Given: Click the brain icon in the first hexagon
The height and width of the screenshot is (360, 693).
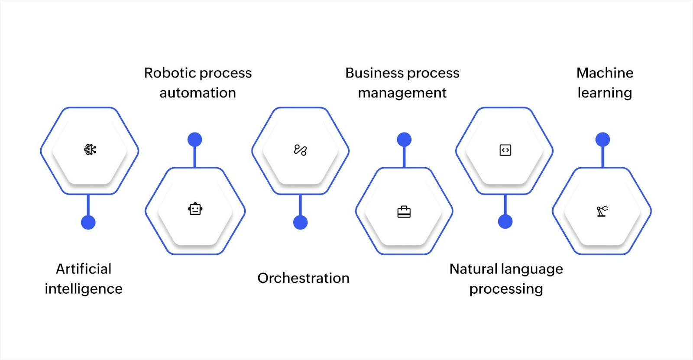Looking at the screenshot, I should (90, 150).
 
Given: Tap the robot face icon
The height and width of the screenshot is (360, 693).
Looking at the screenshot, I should (195, 209).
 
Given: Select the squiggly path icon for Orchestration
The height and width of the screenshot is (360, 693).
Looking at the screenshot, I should (300, 150).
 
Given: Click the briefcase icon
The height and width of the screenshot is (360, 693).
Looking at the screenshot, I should (404, 212).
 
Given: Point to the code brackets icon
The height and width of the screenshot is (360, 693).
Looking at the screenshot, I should (505, 150).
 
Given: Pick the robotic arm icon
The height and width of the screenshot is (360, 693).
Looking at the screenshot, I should (602, 211).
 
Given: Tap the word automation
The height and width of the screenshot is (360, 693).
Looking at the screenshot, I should (198, 93).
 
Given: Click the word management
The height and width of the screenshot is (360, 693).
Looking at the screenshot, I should (402, 93).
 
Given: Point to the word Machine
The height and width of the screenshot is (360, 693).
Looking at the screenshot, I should (605, 73).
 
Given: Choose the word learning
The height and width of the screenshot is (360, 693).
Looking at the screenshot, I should (605, 93).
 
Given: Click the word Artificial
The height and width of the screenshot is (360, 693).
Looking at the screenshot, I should (84, 269).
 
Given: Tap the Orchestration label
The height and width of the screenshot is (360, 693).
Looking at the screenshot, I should (303, 278).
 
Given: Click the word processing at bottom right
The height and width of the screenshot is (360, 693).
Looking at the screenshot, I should (506, 289).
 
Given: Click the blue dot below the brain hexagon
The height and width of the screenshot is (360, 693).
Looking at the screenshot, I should (88, 222).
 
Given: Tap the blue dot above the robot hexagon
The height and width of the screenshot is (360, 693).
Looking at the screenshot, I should (194, 139).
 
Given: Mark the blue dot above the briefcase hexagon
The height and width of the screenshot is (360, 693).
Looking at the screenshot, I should (404, 139).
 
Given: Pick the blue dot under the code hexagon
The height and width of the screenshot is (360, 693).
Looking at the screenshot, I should (505, 221).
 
